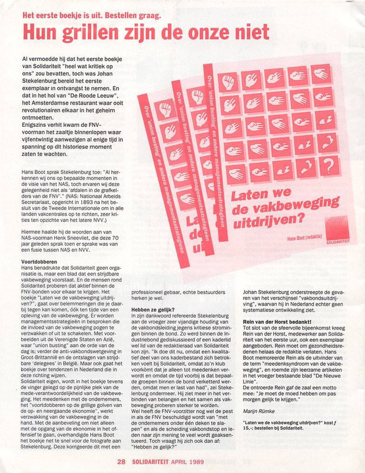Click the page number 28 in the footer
coord(121,462)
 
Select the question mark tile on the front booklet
coord(329,166)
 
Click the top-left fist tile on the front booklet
coord(228,82)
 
